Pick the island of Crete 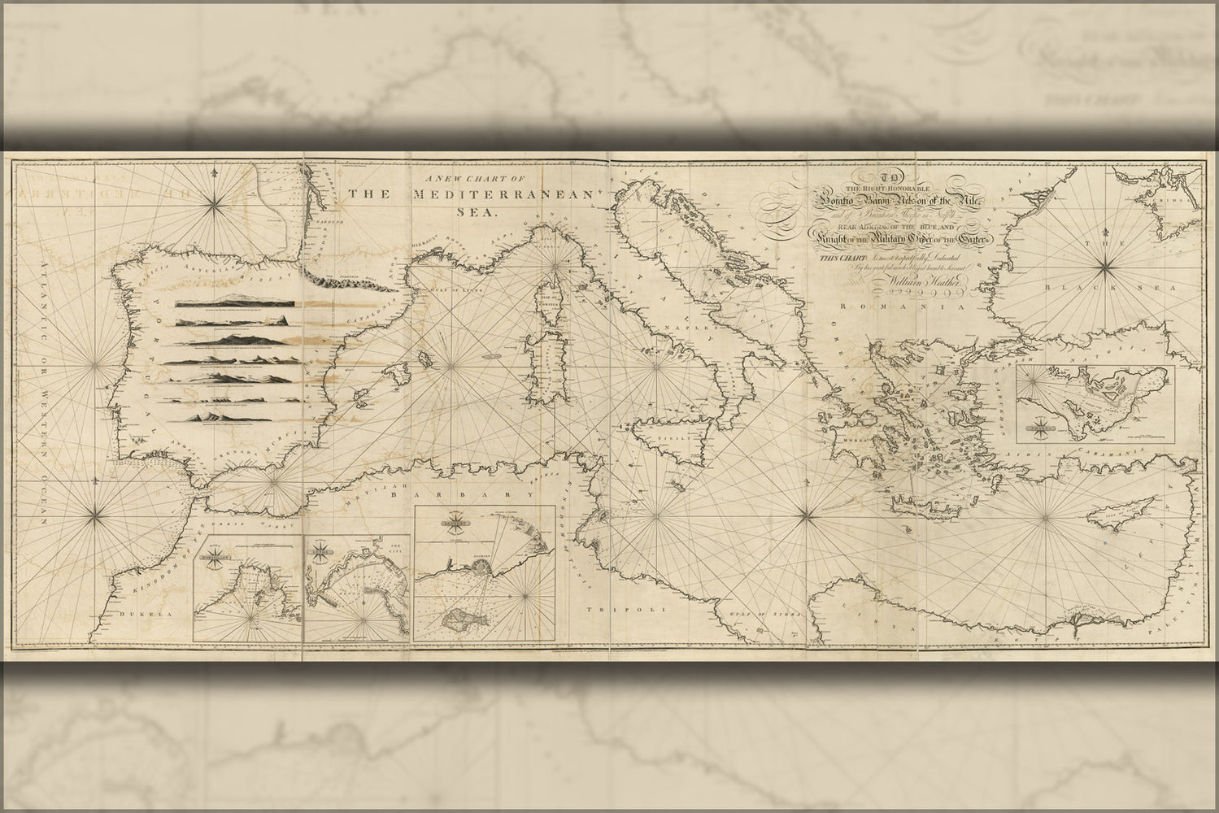(x=923, y=506)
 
